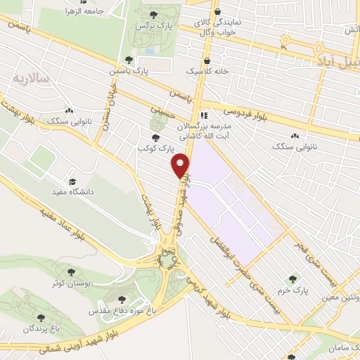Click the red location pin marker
click(x=181, y=165)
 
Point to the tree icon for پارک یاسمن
click(x=128, y=60)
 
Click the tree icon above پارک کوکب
click(x=155, y=138)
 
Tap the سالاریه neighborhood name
click(x=31, y=78)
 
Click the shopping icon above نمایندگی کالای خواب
click(x=217, y=11)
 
